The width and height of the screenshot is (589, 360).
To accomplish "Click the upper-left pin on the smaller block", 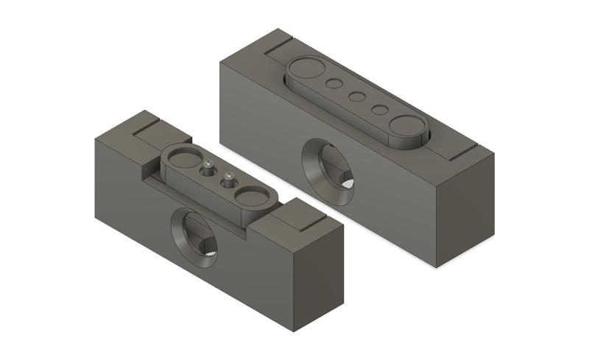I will [x=208, y=166].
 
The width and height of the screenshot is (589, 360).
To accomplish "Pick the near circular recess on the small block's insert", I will [x=253, y=195].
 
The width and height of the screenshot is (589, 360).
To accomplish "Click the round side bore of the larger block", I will [x=329, y=171].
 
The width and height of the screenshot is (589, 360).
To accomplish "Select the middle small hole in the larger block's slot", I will [x=357, y=96].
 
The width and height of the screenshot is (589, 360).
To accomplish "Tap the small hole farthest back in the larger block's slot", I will [x=334, y=84].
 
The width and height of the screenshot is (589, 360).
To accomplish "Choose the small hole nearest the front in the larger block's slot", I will [x=380, y=110].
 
